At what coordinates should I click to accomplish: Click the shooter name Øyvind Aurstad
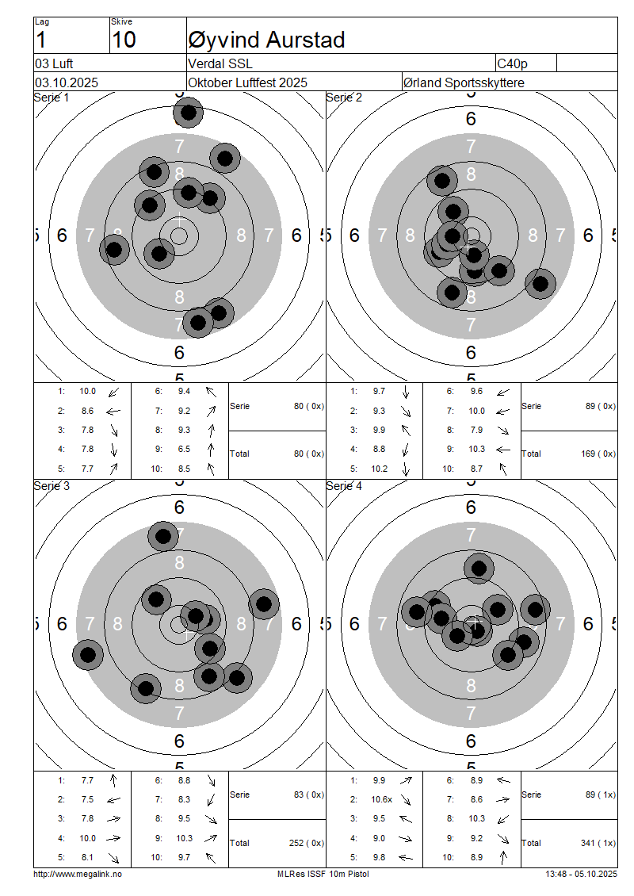266,40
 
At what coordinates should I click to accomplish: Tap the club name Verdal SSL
220,63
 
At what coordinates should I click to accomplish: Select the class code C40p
512,64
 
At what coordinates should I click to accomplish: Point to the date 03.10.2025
67,82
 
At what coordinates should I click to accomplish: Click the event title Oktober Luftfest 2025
248,82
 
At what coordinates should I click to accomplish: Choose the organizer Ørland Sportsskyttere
464,82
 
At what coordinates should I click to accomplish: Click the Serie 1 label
52,98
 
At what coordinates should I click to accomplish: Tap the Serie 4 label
344,486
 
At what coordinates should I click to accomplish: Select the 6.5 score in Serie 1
184,449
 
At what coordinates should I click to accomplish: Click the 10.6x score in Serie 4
381,799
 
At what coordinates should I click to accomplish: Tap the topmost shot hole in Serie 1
189,113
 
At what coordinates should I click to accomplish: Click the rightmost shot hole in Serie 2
540,283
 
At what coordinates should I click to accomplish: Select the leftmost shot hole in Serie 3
88,655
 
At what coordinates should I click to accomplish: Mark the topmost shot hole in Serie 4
479,569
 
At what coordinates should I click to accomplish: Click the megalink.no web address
78,875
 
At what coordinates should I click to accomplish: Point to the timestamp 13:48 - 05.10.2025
582,875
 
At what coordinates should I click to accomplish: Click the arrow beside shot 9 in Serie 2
503,450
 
